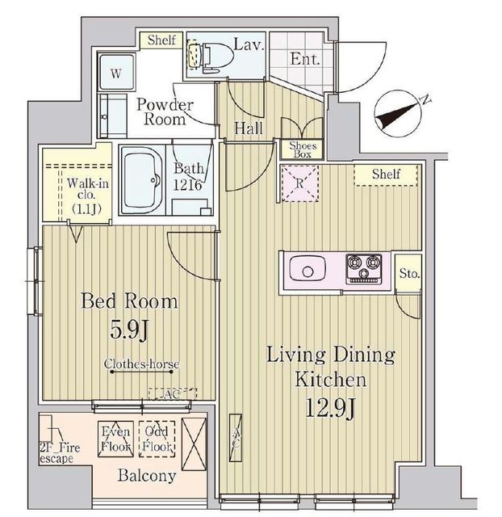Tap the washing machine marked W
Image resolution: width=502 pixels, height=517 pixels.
coord(116,73)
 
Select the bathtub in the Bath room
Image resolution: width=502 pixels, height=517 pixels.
coord(142,180)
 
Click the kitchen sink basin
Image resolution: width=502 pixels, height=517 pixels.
coord(307,269)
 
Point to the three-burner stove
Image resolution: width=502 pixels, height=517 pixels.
coord(364,269)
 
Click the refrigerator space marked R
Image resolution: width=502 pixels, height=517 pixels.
coord(299,183)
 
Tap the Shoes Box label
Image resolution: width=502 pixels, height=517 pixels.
coord(303,149)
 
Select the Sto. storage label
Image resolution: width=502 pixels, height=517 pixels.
coord(409,273)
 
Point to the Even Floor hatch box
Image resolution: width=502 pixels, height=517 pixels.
coord(115,439)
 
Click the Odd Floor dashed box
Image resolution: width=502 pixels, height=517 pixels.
coord(157,439)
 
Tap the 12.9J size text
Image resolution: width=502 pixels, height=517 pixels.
coord(330,408)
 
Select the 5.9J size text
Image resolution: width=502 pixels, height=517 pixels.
coord(129,330)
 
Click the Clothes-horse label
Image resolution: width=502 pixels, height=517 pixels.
coord(141,364)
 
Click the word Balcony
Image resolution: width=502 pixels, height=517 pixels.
coord(147,476)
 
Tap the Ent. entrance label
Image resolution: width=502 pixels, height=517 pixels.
coord(305,59)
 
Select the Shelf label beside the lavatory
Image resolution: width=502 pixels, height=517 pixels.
coord(161,40)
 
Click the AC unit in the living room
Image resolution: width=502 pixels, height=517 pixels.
coord(236,438)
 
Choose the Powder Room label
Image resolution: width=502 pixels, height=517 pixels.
coord(165,111)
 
